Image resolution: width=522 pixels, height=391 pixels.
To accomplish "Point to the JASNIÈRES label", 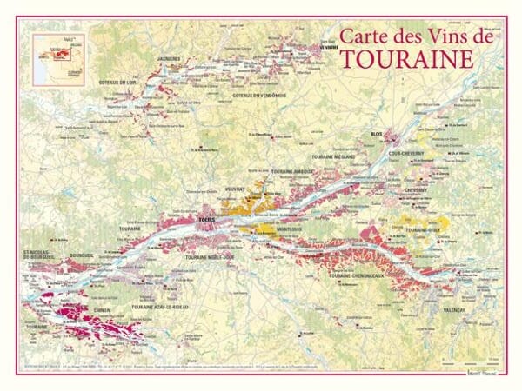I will pos(168,58).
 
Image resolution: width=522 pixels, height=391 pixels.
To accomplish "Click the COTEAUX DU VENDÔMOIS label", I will pos(260,95).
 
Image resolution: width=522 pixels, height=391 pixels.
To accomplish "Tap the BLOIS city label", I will pos(377,135).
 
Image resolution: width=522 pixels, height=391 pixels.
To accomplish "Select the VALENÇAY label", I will pos(453,310).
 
